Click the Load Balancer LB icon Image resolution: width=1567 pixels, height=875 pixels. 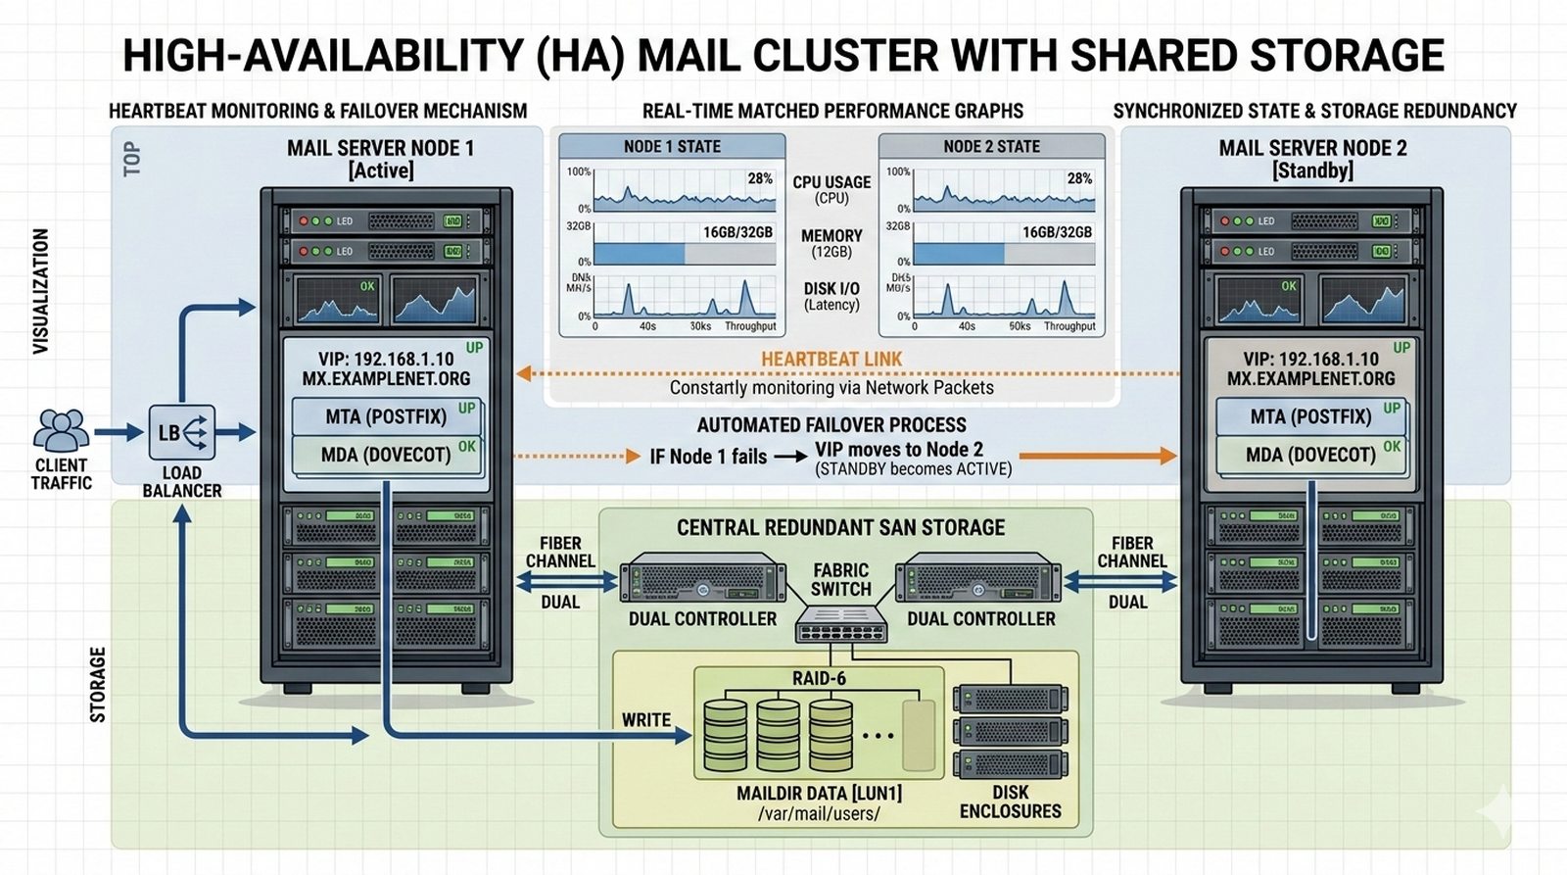[x=181, y=432]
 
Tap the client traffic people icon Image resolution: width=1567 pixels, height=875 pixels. [x=61, y=430]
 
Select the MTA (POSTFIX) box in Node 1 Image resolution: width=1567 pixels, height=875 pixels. [x=386, y=416]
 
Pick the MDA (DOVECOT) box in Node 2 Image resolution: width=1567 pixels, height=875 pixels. [x=1310, y=455]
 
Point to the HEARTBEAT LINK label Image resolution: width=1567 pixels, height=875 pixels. [x=831, y=360]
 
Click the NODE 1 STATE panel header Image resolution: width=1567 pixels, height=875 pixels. [x=672, y=146]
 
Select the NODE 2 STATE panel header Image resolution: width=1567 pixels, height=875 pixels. [x=991, y=146]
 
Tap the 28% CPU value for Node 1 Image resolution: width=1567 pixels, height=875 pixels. [x=760, y=178]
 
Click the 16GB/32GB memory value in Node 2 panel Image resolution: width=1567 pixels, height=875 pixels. [x=1057, y=232]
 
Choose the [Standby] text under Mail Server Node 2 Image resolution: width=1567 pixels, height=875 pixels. [x=1312, y=170]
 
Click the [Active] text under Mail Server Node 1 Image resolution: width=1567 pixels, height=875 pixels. [x=381, y=170]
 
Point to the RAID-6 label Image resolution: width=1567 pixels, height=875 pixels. [x=819, y=678]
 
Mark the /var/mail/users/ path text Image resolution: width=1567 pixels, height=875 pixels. [x=819, y=813]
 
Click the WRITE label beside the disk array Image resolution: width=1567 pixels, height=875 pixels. [x=646, y=720]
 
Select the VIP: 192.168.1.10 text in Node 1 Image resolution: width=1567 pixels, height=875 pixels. [x=386, y=360]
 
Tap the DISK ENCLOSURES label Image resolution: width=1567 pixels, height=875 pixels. [x=1010, y=802]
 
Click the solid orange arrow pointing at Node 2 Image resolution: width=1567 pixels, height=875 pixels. [x=1097, y=456]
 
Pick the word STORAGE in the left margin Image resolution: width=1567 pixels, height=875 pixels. [x=98, y=685]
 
